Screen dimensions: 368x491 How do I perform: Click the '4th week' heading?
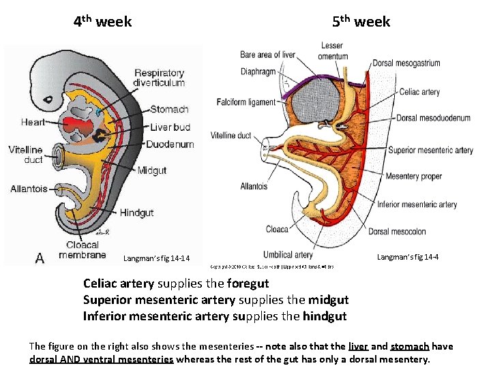pyautogui.click(x=102, y=22)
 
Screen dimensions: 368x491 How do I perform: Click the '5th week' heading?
pyautogui.click(x=361, y=22)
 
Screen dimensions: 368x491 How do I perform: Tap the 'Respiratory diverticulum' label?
pyautogui.click(x=160, y=78)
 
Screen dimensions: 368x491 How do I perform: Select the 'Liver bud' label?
pyautogui.click(x=170, y=127)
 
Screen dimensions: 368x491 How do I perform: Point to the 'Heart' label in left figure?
pyautogui.click(x=33, y=123)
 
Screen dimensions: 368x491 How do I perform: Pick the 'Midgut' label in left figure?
pyautogui.click(x=151, y=170)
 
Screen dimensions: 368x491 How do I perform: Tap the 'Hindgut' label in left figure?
pyautogui.click(x=136, y=213)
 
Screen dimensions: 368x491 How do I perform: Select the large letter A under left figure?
pyautogui.click(x=40, y=258)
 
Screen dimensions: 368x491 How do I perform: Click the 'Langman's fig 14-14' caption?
pyautogui.click(x=156, y=258)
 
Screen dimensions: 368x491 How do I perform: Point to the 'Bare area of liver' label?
pyautogui.click(x=267, y=55)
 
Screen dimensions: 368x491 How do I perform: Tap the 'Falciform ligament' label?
pyautogui.click(x=246, y=102)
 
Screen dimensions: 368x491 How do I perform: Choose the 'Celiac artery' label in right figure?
pyautogui.click(x=419, y=92)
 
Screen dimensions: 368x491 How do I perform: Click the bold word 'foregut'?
pyautogui.click(x=248, y=283)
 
